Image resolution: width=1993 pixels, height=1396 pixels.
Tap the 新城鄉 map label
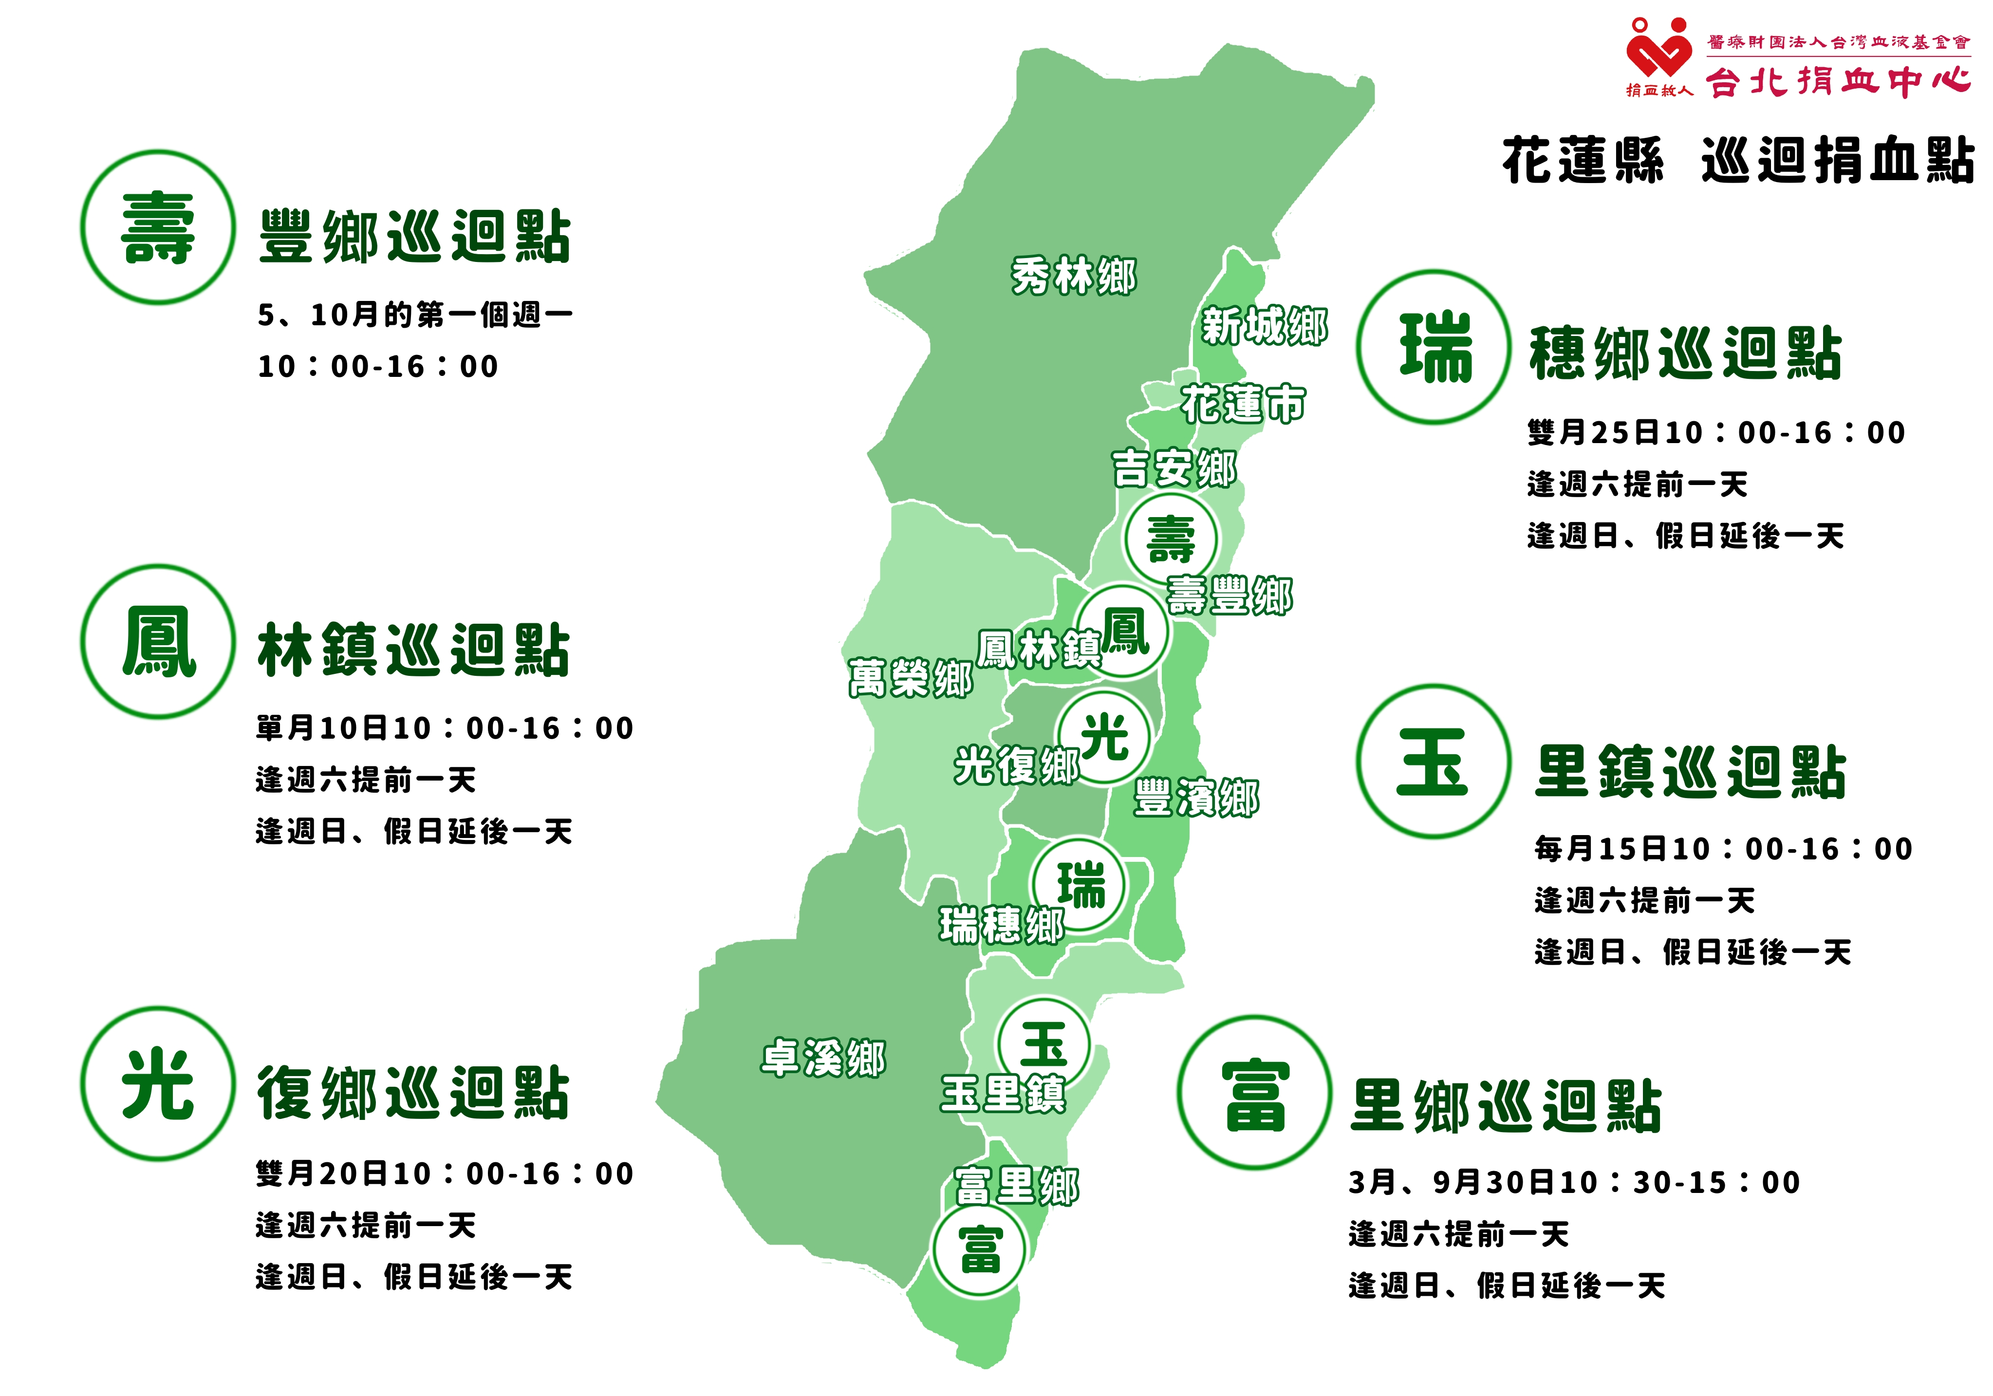[1264, 326]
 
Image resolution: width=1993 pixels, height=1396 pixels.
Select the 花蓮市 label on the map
[1243, 404]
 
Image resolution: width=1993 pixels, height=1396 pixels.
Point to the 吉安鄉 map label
[1173, 469]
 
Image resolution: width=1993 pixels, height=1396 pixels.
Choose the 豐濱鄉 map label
[1196, 797]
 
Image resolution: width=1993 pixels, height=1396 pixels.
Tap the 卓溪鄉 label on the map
[823, 1058]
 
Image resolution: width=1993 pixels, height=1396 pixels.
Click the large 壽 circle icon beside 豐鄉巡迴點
[158, 227]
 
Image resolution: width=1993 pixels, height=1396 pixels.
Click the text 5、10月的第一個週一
[415, 314]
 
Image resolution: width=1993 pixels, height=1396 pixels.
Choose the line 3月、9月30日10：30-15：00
[1574, 1182]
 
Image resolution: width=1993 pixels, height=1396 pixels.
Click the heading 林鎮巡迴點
[413, 650]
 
